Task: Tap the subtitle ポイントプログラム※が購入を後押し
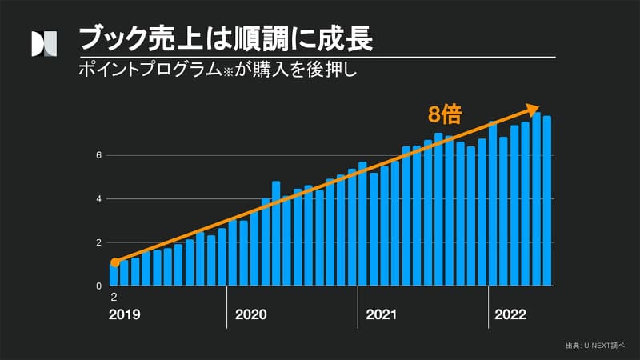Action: click(216, 70)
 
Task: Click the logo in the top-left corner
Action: click(44, 45)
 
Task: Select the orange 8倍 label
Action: click(445, 114)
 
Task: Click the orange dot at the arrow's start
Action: click(114, 262)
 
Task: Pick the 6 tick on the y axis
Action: click(99, 155)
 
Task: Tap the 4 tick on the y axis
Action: click(99, 199)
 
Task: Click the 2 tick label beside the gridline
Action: click(99, 242)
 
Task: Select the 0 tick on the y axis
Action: click(99, 286)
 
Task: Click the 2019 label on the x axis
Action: click(124, 314)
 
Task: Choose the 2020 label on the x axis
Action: click(251, 314)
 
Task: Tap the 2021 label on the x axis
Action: click(382, 314)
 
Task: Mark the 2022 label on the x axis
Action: click(510, 314)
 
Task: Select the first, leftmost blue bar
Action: click(114, 274)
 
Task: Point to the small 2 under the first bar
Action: click(114, 297)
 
